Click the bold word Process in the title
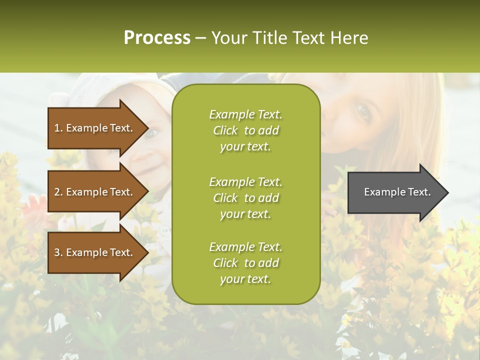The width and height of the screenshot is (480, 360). (157, 38)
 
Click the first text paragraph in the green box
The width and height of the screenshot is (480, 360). (245, 130)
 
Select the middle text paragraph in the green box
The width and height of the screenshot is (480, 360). (245, 198)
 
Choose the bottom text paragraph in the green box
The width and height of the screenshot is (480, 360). (245, 263)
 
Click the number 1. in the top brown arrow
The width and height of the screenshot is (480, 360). (58, 128)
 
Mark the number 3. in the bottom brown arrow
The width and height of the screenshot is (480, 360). (58, 252)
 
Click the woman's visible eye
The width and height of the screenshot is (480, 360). (363, 113)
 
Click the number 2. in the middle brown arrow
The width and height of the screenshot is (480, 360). (58, 192)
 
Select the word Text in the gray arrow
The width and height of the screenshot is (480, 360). (419, 192)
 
